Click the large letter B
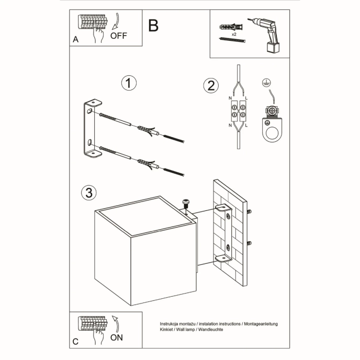point(153,25)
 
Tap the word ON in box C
point(117,337)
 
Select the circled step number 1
point(129,84)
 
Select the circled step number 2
point(211,86)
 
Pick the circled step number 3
point(89,193)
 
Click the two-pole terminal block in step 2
point(238,112)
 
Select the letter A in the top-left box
point(76,39)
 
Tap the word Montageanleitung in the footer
point(260,324)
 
